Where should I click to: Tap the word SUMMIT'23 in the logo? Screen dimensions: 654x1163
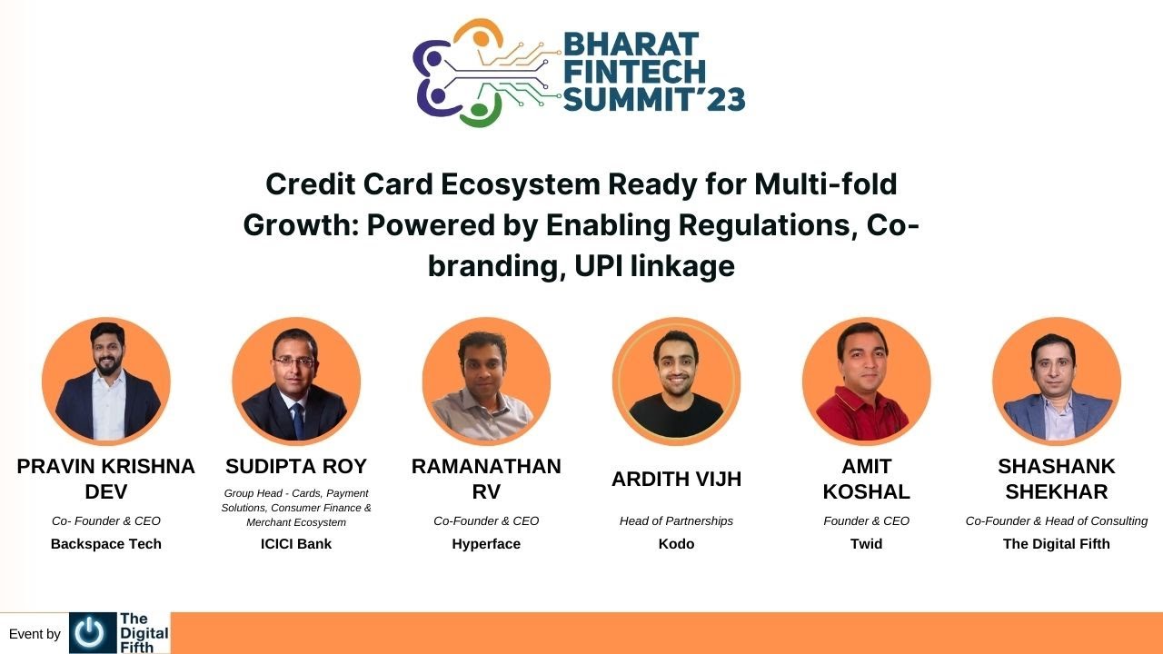point(654,99)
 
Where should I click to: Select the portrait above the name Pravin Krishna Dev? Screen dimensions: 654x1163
point(106,381)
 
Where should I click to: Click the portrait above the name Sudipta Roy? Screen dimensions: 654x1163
point(296,381)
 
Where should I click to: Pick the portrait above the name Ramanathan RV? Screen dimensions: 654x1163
point(486,381)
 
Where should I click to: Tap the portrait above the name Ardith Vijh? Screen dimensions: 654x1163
point(676,381)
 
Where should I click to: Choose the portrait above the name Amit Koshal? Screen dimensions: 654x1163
point(866,381)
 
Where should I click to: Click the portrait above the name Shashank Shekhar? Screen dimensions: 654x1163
point(1056,381)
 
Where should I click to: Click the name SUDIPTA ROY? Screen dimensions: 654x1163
point(296,467)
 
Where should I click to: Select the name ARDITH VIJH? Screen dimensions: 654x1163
point(676,480)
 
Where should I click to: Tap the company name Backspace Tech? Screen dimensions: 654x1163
point(106,544)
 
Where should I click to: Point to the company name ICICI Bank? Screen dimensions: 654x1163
point(296,544)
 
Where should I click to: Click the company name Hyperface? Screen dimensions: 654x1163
point(486,544)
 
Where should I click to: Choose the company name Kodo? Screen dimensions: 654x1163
point(676,544)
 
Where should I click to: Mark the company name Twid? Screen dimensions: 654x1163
point(866,544)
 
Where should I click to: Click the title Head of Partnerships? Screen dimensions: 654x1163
point(676,521)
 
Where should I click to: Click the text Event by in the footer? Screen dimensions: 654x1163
point(35,634)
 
